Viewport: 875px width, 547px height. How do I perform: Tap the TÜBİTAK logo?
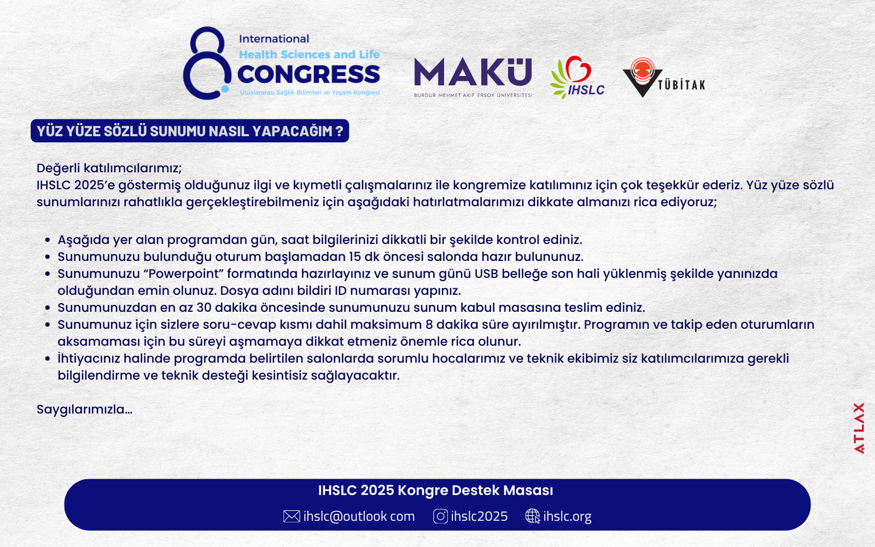pyautogui.click(x=664, y=77)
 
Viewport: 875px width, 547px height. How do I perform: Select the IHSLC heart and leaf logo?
pyautogui.click(x=577, y=77)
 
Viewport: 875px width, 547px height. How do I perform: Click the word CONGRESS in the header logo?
pyautogui.click(x=308, y=74)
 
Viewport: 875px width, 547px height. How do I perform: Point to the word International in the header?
pyautogui.click(x=274, y=39)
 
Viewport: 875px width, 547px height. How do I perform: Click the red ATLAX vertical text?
pyautogui.click(x=859, y=428)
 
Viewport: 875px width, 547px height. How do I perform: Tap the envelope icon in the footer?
pyautogui.click(x=291, y=516)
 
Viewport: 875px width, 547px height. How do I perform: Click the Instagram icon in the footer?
pyautogui.click(x=440, y=516)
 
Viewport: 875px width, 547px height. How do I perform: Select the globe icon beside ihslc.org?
pyautogui.click(x=533, y=516)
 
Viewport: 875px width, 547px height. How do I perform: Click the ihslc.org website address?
pyautogui.click(x=567, y=516)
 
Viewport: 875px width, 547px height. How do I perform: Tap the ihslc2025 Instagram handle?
pyautogui.click(x=479, y=516)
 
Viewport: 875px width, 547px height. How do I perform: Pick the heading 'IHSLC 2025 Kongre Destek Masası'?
pyautogui.click(x=435, y=490)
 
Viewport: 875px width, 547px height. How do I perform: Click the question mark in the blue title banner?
pyautogui.click(x=339, y=131)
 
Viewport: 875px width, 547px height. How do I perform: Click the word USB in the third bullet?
pyautogui.click(x=486, y=274)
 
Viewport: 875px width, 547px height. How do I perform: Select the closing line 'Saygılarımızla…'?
pyautogui.click(x=84, y=410)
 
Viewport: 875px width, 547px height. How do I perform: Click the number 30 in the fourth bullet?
pyautogui.click(x=204, y=307)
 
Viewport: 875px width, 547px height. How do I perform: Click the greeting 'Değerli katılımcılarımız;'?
pyautogui.click(x=109, y=168)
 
